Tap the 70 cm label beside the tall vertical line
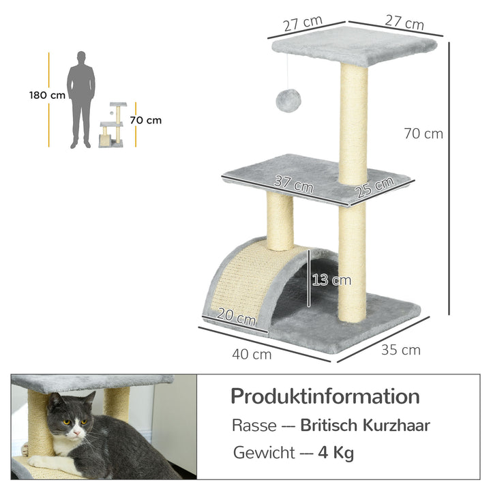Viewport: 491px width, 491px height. click(423, 134)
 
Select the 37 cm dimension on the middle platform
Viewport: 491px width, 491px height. click(293, 183)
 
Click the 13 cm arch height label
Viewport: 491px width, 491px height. click(331, 280)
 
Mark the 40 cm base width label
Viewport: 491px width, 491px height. click(252, 353)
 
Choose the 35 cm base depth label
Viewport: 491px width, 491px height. click(400, 351)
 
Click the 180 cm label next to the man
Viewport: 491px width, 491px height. click(47, 95)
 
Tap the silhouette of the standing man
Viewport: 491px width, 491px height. click(81, 99)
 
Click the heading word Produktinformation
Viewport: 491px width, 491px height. click(325, 396)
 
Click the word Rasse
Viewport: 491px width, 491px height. click(254, 426)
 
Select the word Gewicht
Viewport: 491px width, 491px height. click(263, 452)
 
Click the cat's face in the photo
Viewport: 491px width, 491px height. click(73, 423)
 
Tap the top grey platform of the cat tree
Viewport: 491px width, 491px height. click(355, 46)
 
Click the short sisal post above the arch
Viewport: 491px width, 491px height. click(280, 220)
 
